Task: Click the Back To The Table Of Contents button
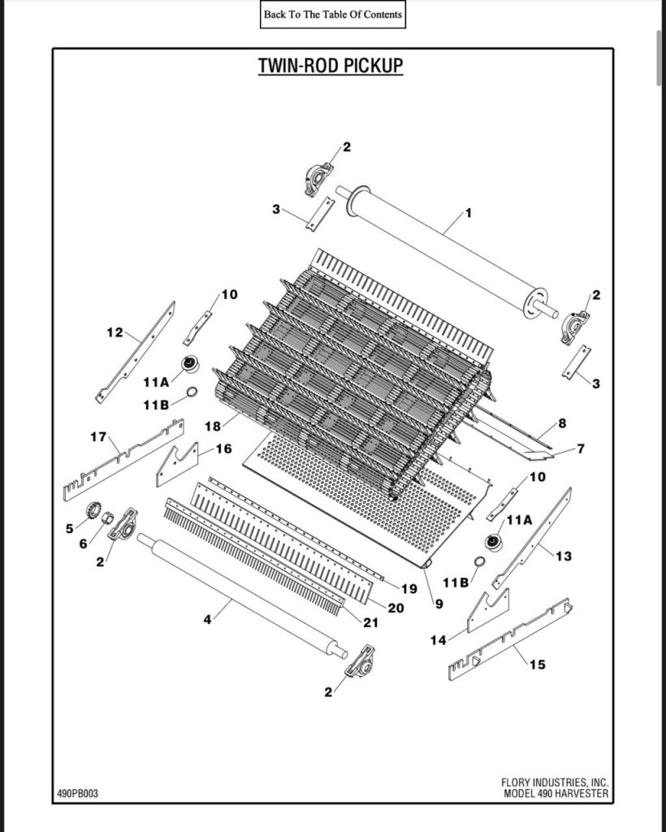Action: pos(332,15)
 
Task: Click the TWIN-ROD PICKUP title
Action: pos(331,66)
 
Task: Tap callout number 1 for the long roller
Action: pos(468,213)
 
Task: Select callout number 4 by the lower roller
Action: pos(207,620)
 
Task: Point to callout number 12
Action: pos(115,331)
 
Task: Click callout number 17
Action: pos(98,437)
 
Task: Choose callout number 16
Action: pos(223,448)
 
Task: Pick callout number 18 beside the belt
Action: pos(213,426)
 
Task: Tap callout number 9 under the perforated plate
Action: pos(439,604)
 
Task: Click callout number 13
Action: pos(564,556)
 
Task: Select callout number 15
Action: pos(538,665)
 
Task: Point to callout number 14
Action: pos(438,640)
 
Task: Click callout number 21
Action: pos(370,623)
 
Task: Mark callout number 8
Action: pos(562,422)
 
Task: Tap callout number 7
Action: pos(580,448)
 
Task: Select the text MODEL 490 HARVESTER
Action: pos(556,794)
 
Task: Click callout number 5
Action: pos(69,528)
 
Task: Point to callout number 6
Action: pos(83,544)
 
